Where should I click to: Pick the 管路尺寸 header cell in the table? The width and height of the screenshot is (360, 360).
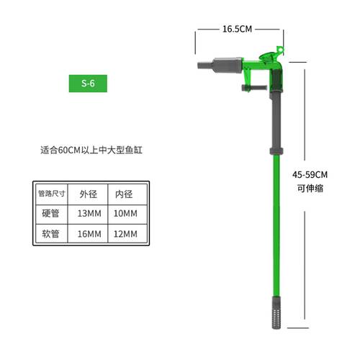pos(55,194)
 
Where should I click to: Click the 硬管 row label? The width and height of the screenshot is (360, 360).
pos(55,214)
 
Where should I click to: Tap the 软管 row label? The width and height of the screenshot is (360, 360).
pos(55,234)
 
